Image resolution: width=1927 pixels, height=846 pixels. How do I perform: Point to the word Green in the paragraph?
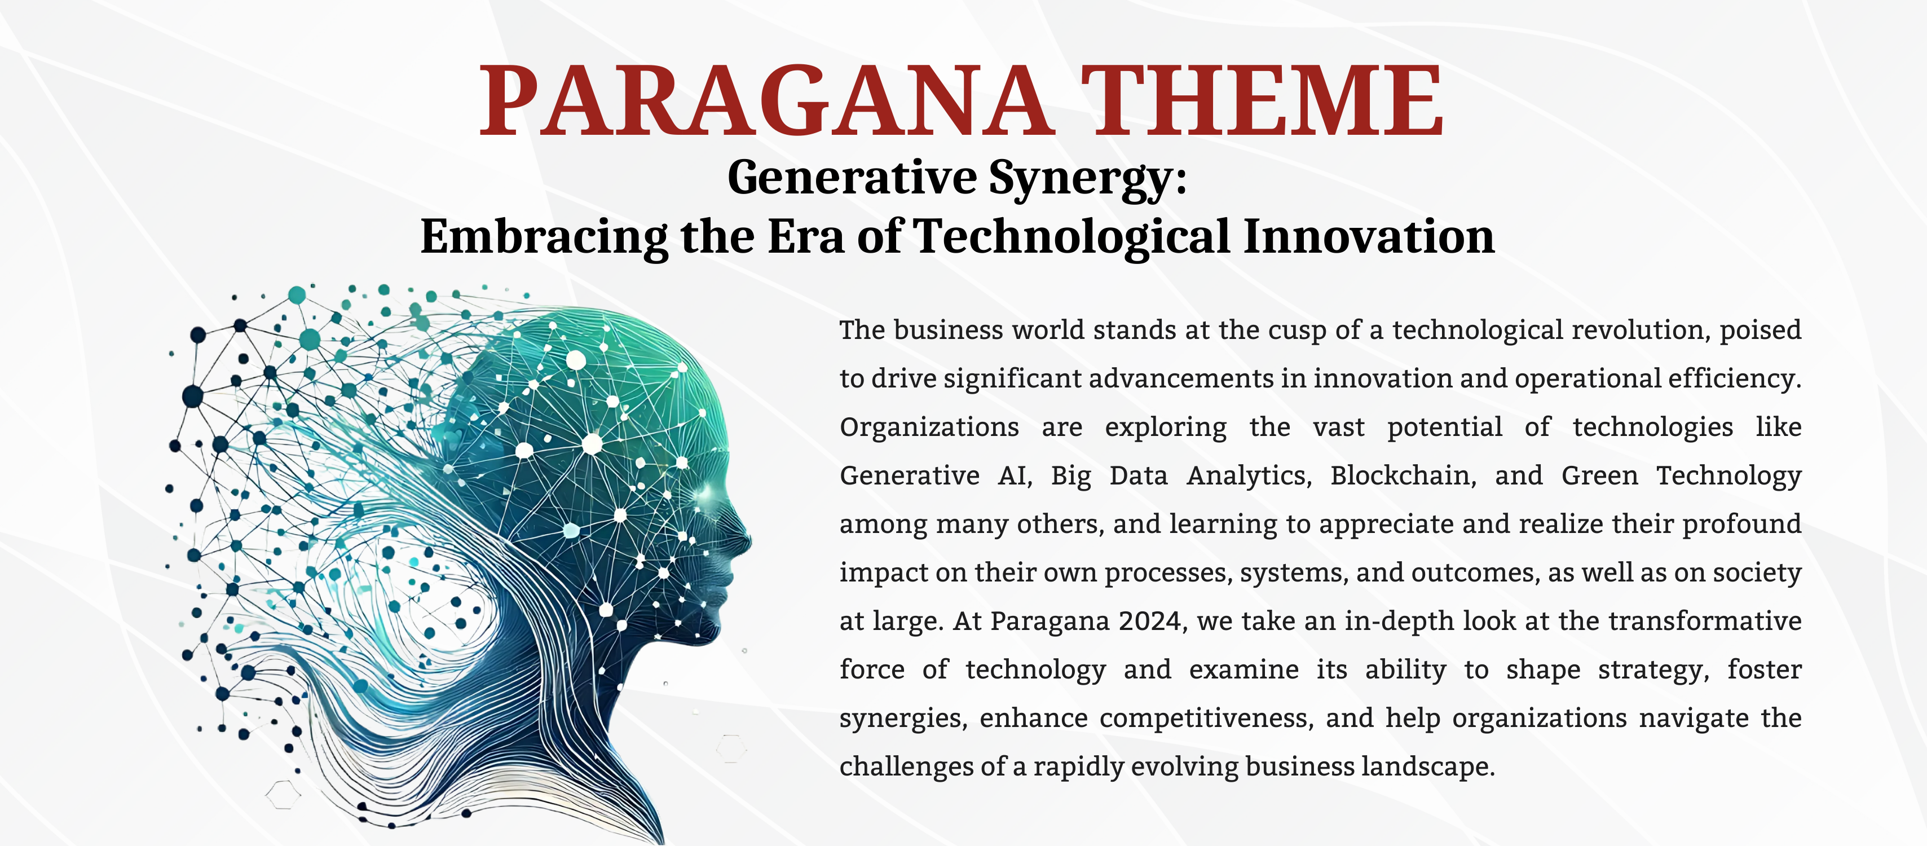tap(1599, 476)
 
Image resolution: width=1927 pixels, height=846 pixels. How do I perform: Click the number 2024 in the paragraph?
tap(1152, 622)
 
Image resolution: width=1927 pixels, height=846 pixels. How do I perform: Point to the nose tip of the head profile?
tap(749, 540)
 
